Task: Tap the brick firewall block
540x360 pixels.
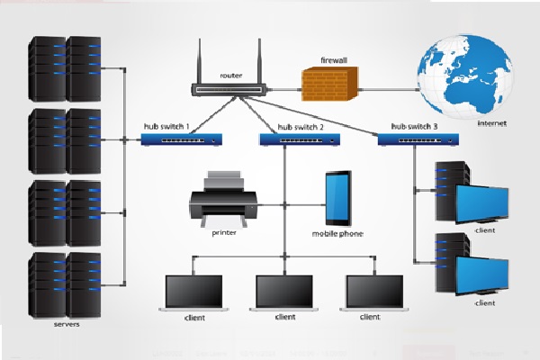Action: tap(330, 85)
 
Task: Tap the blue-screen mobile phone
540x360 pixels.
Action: tap(338, 197)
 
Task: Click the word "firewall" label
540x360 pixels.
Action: tap(334, 59)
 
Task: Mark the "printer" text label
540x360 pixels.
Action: tap(224, 231)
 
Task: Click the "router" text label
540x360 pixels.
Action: tap(231, 76)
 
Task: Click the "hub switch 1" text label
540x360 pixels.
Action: tap(166, 126)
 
